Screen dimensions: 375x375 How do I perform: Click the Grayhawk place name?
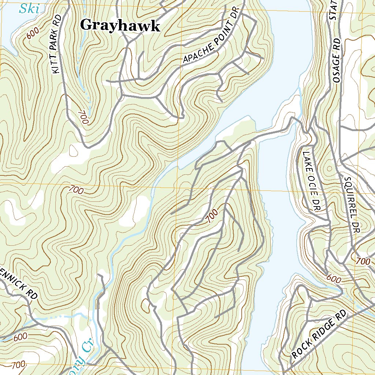coord(120,26)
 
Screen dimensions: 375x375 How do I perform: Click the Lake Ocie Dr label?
coord(311,181)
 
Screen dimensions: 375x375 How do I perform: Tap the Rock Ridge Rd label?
coord(319,334)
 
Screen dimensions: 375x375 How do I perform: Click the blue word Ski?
coord(29,8)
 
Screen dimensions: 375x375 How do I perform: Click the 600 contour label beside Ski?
coord(33,34)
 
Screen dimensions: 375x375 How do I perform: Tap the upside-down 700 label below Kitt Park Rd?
coord(83,117)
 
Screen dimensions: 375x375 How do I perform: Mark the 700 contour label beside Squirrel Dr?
coord(363,261)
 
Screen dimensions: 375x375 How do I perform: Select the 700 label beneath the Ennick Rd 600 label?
coord(18,364)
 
